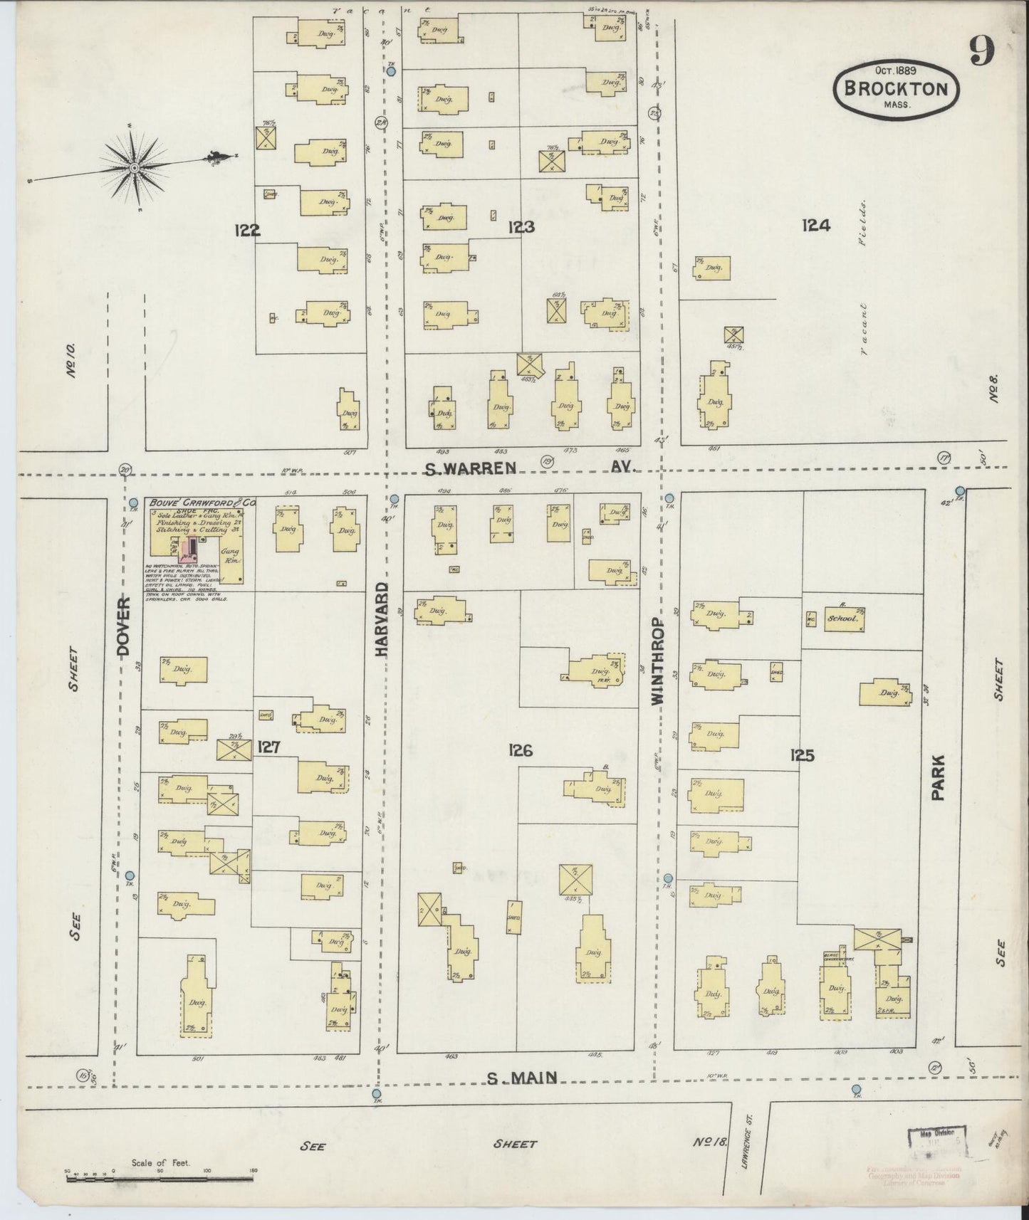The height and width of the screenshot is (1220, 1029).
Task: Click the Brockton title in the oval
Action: coord(896,89)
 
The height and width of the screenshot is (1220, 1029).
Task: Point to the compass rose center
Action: coord(134,168)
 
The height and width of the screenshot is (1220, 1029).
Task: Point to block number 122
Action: coord(246,230)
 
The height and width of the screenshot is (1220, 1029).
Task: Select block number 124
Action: coord(815,226)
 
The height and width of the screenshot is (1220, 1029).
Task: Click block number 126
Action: coord(521,750)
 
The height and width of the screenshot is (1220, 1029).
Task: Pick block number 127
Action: coord(268,747)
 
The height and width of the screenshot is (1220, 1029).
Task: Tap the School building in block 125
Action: coord(845,619)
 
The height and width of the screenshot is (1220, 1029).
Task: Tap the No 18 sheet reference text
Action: coord(709,1143)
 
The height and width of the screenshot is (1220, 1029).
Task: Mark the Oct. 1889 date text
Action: coord(895,70)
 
